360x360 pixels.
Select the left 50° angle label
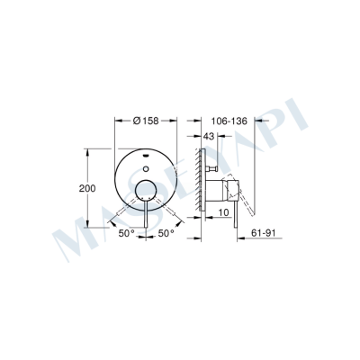pyautogui.click(x=125, y=232)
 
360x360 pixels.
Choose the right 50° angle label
pyautogui.click(x=166, y=232)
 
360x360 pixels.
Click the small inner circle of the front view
pyautogui.click(x=147, y=189)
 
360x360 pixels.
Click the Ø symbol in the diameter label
pyautogui.click(x=134, y=120)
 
